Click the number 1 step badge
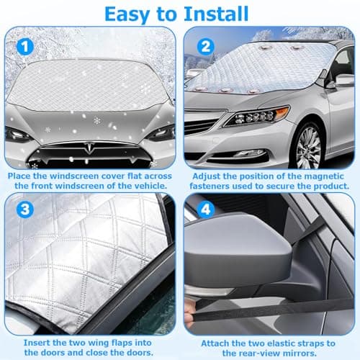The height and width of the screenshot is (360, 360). click(25, 46)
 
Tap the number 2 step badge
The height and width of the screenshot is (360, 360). click(206, 46)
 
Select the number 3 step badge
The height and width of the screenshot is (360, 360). click(25, 210)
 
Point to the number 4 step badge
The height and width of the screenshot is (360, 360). click(206, 210)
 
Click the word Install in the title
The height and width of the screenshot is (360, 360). click(216, 14)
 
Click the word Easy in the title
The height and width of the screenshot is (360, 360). click(127, 15)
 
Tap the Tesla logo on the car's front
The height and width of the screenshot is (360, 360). click(91, 148)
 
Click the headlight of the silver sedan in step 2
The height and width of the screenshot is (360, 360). click(257, 116)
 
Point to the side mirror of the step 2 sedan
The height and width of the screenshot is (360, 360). click(342, 81)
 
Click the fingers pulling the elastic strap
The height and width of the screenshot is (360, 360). click(189, 313)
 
